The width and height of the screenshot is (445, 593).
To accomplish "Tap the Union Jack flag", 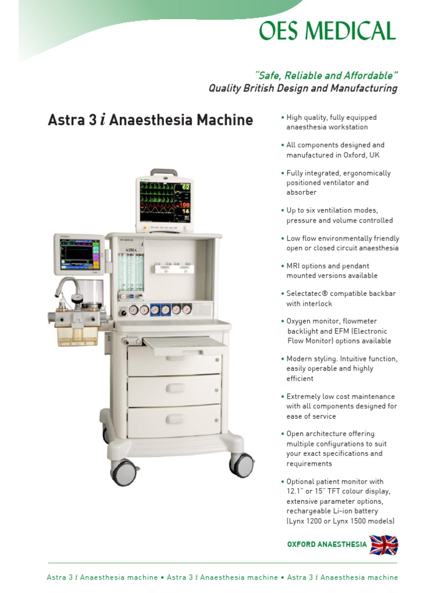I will (384, 544).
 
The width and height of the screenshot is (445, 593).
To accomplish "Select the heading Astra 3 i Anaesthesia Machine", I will (149, 120).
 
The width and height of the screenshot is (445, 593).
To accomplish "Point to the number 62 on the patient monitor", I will (185, 188).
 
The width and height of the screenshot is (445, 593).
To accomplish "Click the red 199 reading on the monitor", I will (184, 205).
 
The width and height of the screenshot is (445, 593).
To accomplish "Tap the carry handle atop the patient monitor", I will (164, 173).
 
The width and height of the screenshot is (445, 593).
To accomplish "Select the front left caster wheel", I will (123, 472).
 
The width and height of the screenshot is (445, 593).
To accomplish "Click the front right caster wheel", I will (242, 464).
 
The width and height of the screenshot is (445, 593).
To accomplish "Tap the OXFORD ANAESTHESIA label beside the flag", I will (327, 544).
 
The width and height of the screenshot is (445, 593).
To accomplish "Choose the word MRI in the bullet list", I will (294, 266).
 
